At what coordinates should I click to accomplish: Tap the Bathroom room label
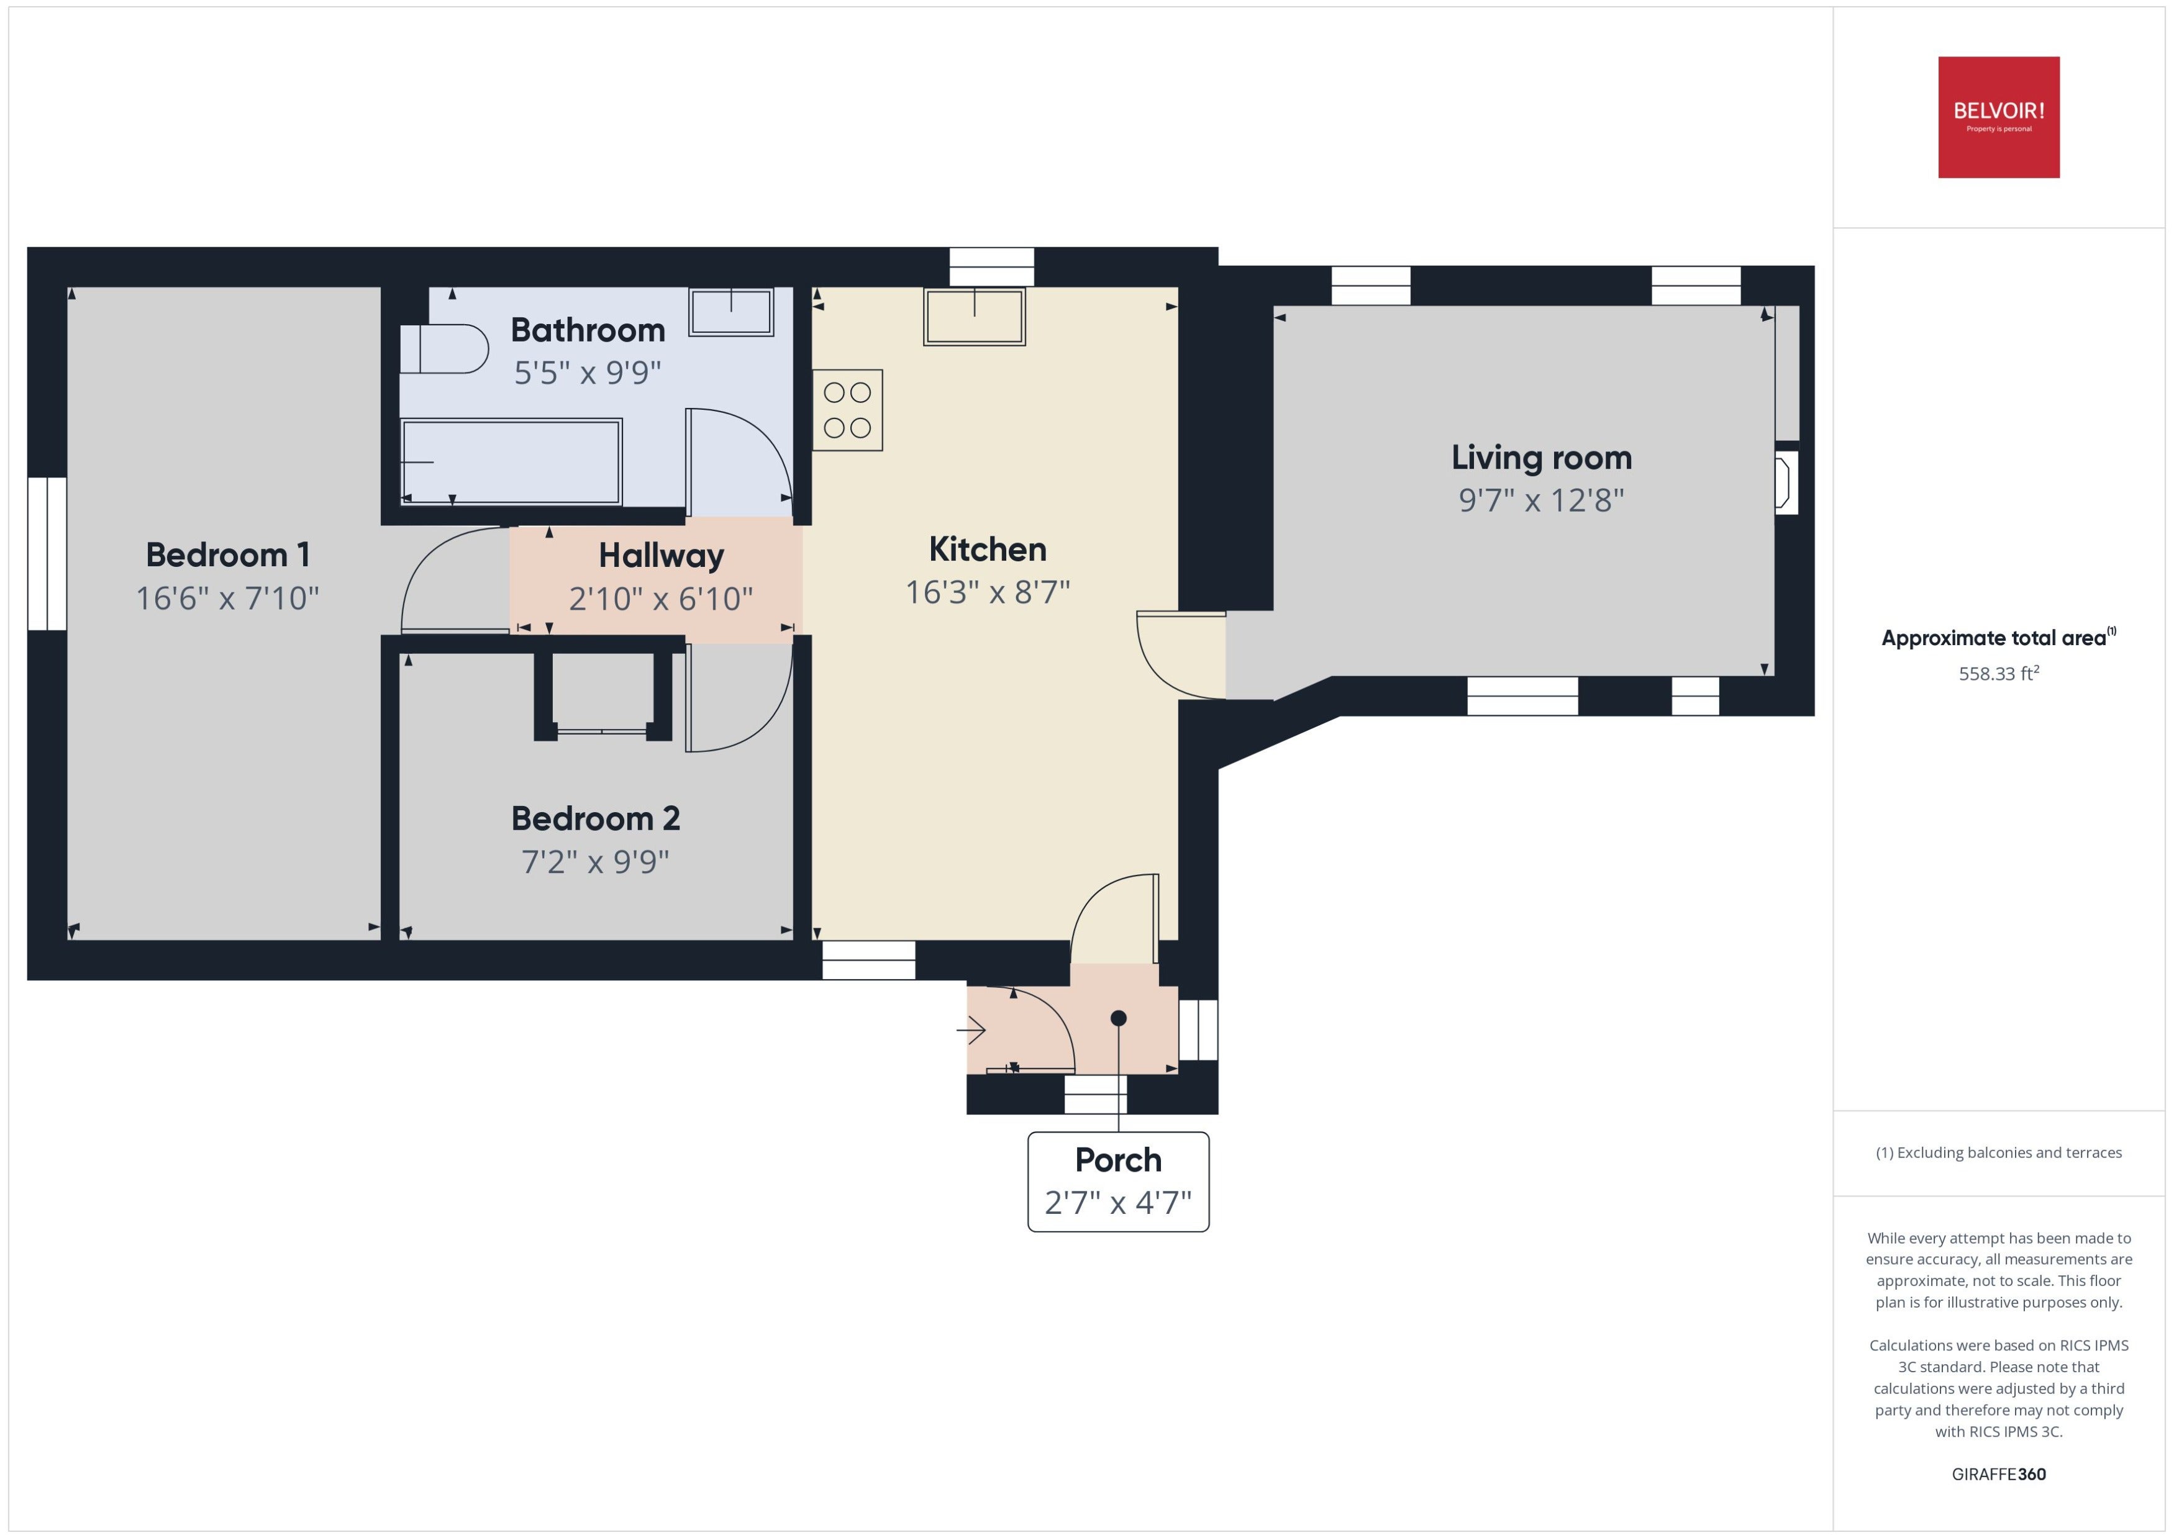588,330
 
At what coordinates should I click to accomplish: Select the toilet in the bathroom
443,348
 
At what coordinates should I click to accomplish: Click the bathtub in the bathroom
512,462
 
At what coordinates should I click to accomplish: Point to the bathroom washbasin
731,312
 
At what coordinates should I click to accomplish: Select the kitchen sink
975,316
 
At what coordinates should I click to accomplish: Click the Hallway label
661,556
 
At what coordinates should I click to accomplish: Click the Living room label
1541,458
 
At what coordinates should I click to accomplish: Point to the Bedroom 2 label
596,818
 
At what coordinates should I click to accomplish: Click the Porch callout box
1118,1182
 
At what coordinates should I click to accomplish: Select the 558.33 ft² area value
1999,673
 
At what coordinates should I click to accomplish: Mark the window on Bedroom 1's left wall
47,554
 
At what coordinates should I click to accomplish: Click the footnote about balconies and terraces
1999,1152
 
